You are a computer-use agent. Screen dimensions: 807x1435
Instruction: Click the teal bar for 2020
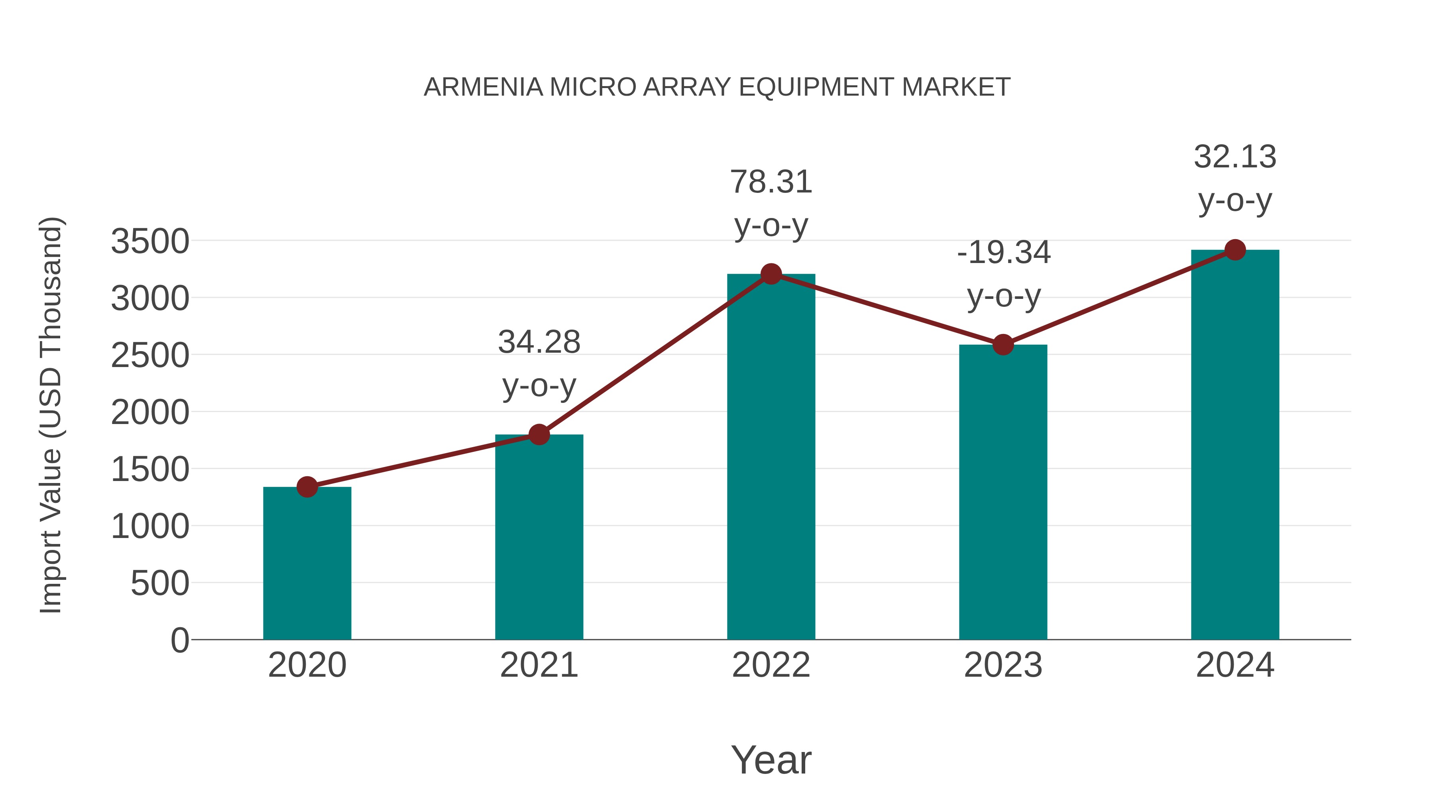click(307, 562)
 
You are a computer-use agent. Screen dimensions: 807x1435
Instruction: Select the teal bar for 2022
click(771, 457)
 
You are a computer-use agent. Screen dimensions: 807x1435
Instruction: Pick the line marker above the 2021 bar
click(539, 434)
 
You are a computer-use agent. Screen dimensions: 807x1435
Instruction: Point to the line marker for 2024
click(1235, 250)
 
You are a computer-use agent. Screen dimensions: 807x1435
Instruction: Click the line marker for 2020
click(307, 487)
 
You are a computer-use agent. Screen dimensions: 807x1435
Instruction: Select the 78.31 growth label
click(771, 182)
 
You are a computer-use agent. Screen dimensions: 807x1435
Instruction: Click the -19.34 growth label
click(1003, 253)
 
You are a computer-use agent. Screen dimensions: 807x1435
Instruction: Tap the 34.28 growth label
click(539, 342)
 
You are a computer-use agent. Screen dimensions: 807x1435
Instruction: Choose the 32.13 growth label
click(1235, 157)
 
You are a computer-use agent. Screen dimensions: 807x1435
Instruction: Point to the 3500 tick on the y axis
click(150, 242)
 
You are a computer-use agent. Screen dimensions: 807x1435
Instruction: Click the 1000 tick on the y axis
click(150, 526)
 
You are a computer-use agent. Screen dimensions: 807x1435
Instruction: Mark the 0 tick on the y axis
click(179, 640)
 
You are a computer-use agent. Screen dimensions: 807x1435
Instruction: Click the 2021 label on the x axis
click(539, 665)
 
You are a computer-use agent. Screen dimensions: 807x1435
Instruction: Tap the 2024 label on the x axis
click(1235, 665)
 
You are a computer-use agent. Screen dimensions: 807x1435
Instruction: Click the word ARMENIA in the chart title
click(483, 87)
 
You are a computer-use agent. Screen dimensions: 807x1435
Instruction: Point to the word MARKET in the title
click(956, 87)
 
